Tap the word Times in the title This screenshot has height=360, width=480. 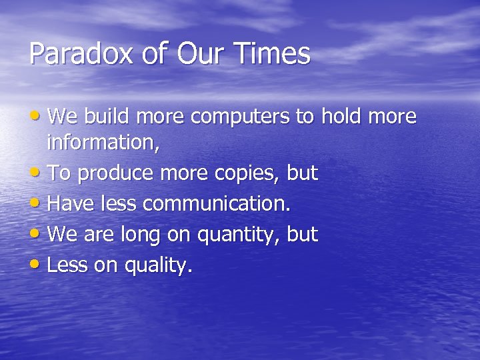[x=279, y=54]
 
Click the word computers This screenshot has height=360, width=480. [x=242, y=117]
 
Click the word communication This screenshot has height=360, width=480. [x=216, y=204]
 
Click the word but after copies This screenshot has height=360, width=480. [x=303, y=173]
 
